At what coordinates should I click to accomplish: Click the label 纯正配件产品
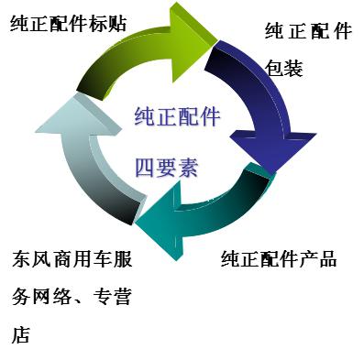click(279, 259)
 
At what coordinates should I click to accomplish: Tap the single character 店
click(20, 335)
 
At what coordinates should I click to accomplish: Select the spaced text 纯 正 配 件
click(307, 31)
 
